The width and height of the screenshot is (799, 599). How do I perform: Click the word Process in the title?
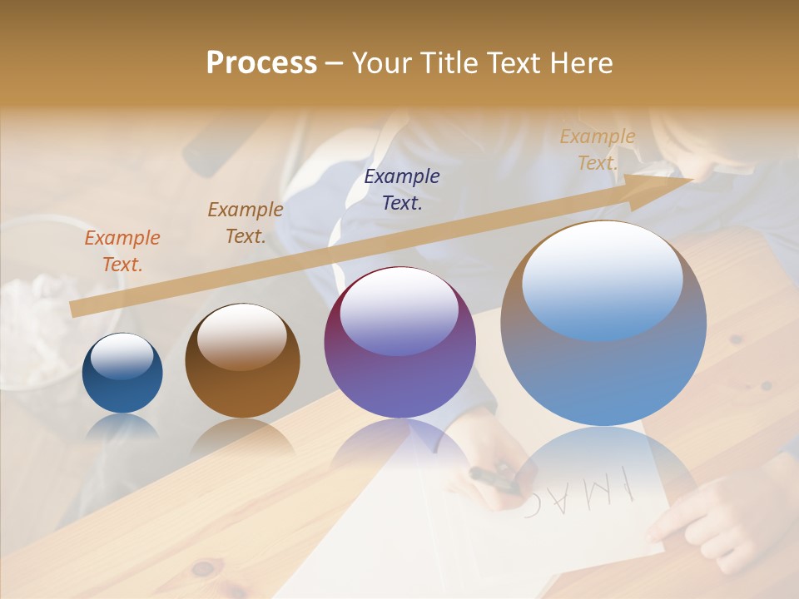pyautogui.click(x=261, y=63)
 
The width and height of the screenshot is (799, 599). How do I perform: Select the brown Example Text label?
pyautogui.click(x=246, y=223)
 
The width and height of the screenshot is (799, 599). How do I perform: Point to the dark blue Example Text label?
pyautogui.click(x=402, y=190)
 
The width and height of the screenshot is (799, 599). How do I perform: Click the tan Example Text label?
pyautogui.click(x=598, y=150)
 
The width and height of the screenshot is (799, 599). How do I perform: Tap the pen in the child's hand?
pyautogui.click(x=494, y=478)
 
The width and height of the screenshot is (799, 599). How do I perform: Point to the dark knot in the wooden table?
pyautogui.click(x=202, y=569)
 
